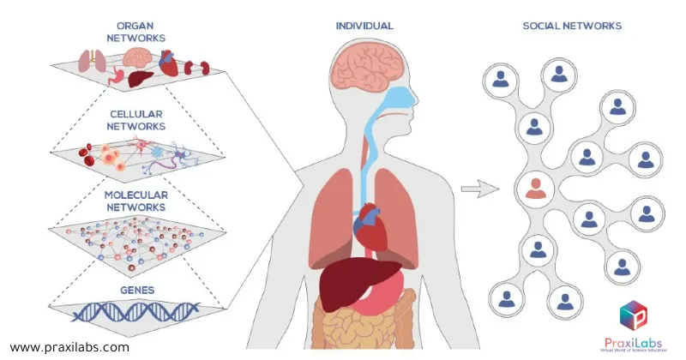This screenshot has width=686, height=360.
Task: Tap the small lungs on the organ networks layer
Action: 90,61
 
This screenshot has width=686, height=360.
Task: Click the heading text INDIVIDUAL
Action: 364,26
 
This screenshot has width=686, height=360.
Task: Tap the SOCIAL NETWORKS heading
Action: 572,26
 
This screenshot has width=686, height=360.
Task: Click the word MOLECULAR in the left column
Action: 137,196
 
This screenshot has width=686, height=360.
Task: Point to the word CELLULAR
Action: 137,114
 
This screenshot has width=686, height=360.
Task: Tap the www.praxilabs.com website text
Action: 69,347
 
